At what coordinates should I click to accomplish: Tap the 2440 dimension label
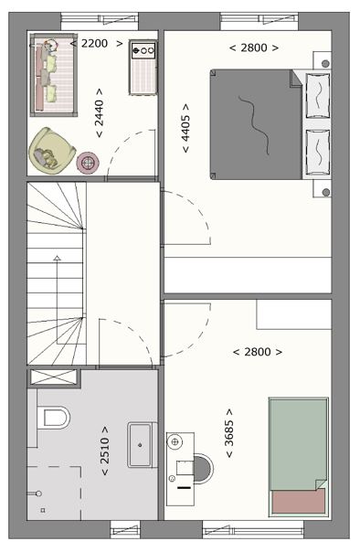pos(100,113)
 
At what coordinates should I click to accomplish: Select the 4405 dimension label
pos(185,128)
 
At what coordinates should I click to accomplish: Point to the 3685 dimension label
pos(229,433)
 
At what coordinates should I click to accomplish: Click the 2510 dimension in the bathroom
pos(105,451)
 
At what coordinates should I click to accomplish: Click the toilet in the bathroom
pos(54,417)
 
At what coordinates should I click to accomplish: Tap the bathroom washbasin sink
pos(140,445)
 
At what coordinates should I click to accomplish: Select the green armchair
pos(51,151)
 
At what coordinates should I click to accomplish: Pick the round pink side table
pos(88,163)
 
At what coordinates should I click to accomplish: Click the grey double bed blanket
pos(256,124)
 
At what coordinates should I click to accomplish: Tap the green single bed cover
pos(298,444)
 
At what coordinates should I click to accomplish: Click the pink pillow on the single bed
pos(299,502)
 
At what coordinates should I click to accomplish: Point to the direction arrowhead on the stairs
pos(57,258)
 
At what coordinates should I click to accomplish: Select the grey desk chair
pos(203,469)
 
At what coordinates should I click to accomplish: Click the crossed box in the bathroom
pos(54,377)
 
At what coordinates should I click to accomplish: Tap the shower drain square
pos(43,510)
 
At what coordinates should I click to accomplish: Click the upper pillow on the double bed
pos(317,95)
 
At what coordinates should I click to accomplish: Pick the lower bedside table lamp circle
pos(326,192)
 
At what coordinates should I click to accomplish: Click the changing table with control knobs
pos(143,68)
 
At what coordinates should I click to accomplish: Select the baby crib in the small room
pos(54,75)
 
